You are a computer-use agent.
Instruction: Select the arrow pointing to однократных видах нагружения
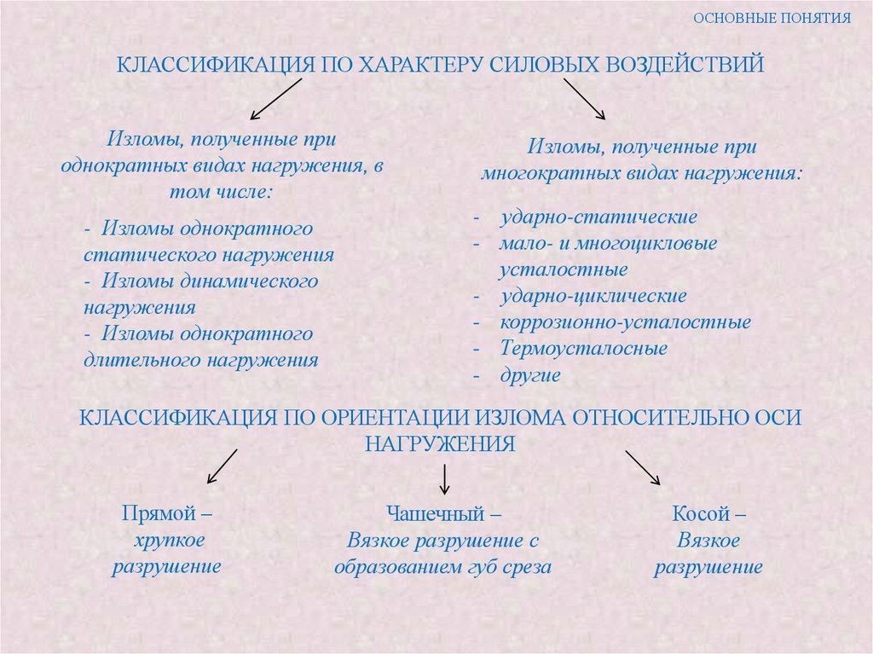(x=275, y=100)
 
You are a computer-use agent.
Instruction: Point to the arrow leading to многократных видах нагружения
(x=583, y=99)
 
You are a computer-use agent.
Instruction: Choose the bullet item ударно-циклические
(x=593, y=296)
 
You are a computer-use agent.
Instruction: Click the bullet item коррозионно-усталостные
(x=626, y=322)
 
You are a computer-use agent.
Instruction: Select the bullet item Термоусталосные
(x=584, y=348)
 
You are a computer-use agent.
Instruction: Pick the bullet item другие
(x=530, y=374)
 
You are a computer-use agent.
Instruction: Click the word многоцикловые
(x=645, y=243)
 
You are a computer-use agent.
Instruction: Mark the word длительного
(x=141, y=360)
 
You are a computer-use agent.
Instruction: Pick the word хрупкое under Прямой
(x=168, y=541)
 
